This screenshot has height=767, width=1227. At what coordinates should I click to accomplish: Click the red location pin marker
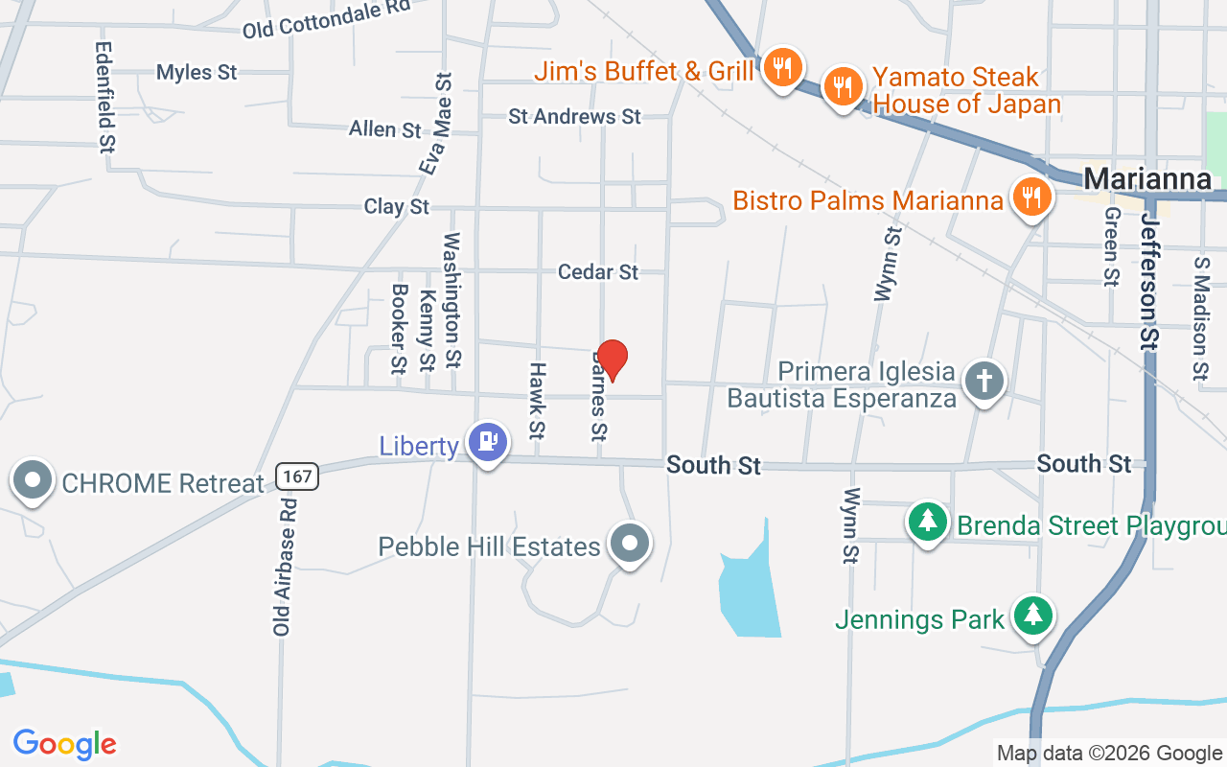coord(612,359)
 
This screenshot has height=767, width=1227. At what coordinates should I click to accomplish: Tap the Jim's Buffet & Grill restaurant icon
coord(783,67)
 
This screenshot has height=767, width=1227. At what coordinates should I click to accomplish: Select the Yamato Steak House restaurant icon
coord(843,86)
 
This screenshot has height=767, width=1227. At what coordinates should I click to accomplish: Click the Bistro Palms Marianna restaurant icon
coord(1030,198)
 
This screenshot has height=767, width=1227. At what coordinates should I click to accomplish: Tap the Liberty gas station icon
coord(488,441)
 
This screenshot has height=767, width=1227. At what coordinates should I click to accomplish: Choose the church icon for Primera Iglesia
coord(984,381)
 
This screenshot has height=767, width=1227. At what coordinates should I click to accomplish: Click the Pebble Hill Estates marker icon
coord(630,544)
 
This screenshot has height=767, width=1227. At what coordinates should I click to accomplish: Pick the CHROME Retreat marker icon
coord(34,480)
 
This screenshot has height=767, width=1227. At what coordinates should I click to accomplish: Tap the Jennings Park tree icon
coord(1032,615)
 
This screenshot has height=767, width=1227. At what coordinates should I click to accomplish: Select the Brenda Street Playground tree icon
coord(927,523)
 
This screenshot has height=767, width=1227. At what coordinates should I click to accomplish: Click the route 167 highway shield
coord(296,476)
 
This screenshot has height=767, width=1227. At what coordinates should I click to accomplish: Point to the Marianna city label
coord(1146,179)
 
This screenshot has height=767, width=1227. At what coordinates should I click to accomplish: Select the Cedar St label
coord(598,272)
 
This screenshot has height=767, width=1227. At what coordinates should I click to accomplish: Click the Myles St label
coord(197,72)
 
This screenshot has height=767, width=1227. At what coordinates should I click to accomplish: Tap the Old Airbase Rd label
coord(282,566)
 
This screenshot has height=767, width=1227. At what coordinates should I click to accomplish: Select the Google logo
coord(64,744)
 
